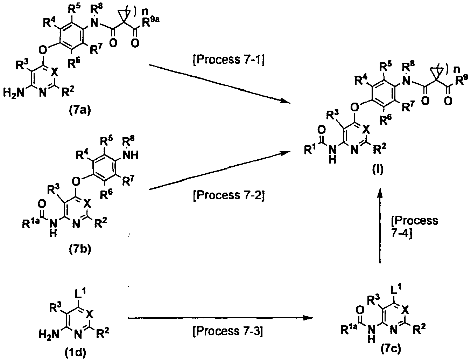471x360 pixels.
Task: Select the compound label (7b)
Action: (80, 249)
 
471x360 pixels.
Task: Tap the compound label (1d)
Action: (75, 353)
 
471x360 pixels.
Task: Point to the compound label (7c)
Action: (391, 349)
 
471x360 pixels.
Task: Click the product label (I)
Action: (378, 169)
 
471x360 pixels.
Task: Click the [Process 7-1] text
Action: (229, 60)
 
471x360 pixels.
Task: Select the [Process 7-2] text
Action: (229, 195)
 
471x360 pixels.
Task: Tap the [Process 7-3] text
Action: (228, 331)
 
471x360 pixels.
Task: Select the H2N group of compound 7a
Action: (14, 93)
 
